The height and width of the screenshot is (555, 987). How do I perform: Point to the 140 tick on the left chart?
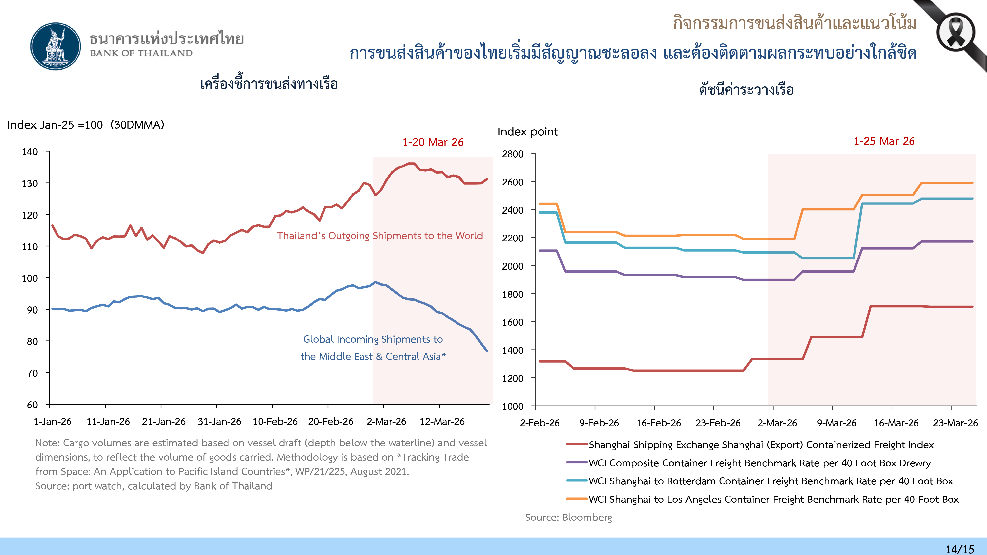click(x=30, y=152)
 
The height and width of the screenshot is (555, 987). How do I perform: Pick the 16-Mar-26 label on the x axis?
click(x=896, y=423)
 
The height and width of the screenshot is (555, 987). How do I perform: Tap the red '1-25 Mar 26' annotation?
click(x=884, y=141)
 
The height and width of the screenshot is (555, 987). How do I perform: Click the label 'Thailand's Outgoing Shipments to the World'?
click(x=380, y=236)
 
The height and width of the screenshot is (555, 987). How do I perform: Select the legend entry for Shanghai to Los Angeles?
click(x=773, y=499)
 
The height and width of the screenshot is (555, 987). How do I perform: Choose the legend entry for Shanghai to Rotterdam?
click(x=771, y=481)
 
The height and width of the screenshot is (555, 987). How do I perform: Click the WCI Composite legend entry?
click(x=759, y=463)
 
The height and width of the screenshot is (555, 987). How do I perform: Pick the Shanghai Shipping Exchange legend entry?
click(x=761, y=445)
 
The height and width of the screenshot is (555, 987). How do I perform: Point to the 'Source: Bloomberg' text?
click(x=568, y=518)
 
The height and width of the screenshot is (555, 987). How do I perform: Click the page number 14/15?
click(x=960, y=549)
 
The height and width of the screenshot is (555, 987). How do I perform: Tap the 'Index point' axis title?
click(x=528, y=132)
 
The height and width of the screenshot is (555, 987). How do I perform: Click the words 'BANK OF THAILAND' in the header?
click(x=141, y=53)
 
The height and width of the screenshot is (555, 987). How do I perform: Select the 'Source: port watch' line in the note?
click(x=154, y=486)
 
